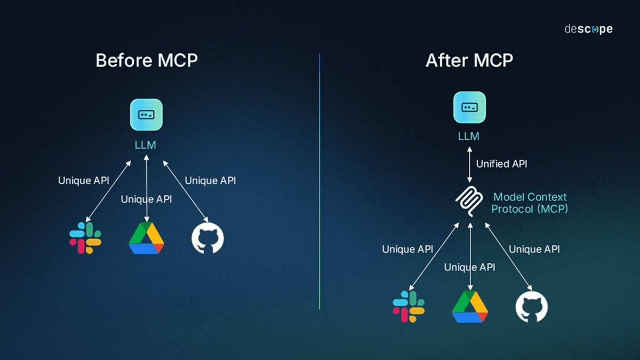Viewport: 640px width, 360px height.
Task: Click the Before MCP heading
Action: pos(147,60)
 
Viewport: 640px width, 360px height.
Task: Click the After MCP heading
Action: pos(469,60)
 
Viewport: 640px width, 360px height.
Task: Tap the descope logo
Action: pos(588,29)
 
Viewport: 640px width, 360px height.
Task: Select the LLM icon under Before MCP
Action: pos(146,115)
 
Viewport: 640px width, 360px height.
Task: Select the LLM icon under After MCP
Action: pos(469,107)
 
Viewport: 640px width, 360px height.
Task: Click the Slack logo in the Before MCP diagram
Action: pos(85,238)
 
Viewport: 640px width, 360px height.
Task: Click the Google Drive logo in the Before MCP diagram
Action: pos(146,238)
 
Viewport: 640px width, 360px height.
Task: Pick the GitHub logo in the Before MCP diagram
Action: pos(207,238)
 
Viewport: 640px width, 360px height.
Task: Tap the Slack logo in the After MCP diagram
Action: pos(409,306)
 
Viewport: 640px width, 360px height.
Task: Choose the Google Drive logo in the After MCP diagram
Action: pos(470,307)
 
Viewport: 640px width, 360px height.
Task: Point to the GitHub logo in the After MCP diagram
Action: pos(531,307)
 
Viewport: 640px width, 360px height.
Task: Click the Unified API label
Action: pos(501,164)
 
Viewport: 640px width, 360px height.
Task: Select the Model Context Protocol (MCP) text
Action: pos(529,203)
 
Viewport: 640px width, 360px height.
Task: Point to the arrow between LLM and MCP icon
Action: pos(469,164)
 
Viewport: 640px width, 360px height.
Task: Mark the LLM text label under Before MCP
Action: pos(146,145)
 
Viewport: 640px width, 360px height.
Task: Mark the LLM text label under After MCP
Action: pos(469,137)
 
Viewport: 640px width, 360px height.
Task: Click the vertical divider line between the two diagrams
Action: pos(319,181)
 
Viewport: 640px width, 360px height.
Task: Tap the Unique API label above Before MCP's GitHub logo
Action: pos(210,181)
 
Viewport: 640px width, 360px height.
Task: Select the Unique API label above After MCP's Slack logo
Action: pos(407,249)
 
